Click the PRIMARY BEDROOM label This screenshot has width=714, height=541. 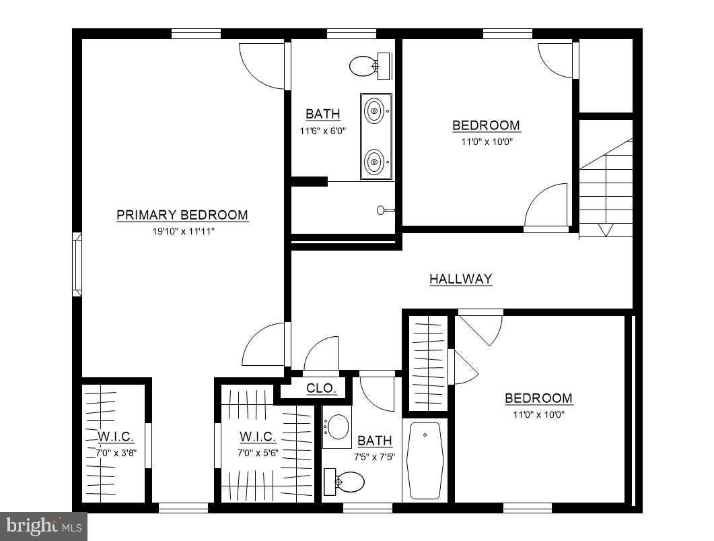(182, 215)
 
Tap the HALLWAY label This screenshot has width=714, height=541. (461, 278)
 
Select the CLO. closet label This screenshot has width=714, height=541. (321, 388)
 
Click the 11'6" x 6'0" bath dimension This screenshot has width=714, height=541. (323, 131)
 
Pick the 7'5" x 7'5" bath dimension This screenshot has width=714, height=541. (374, 457)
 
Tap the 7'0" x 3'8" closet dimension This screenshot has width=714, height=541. (116, 453)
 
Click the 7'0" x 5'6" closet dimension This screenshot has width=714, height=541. (258, 453)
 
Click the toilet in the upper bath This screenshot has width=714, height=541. (369, 66)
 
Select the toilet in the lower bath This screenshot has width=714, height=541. (344, 482)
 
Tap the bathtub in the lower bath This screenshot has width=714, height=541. (425, 460)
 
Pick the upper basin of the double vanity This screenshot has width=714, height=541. (374, 110)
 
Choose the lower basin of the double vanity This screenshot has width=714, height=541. (374, 161)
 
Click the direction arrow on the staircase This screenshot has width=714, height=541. (605, 229)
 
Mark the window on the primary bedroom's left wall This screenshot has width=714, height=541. (77, 264)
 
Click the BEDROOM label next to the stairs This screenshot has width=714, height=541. (486, 125)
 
